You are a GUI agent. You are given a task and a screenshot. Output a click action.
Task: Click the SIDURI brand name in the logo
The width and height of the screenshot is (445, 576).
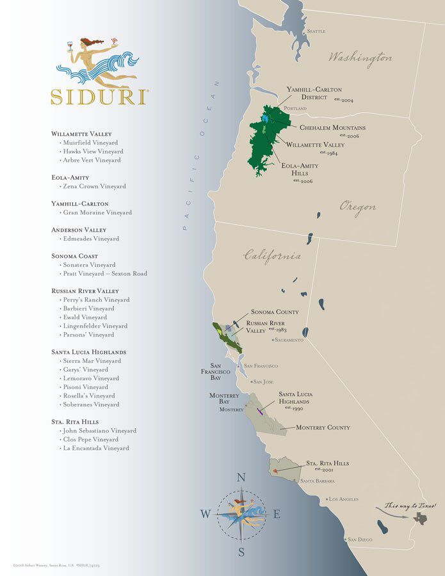coord(99,97)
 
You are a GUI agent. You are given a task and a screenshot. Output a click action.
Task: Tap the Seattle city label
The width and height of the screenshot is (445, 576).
coord(316,31)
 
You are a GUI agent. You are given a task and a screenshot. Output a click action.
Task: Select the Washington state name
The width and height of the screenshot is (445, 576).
coord(360,58)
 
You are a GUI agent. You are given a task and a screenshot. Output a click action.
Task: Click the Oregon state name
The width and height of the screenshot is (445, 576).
coord(357,207)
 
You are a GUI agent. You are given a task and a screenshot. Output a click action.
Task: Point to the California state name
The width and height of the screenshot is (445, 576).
coord(272,256)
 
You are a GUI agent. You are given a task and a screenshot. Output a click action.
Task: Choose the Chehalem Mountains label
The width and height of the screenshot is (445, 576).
coord(333,128)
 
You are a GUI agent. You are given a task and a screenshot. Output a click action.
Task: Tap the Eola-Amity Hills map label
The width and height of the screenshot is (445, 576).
coord(300,170)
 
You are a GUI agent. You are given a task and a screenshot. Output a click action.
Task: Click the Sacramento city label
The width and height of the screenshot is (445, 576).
coord(289,340)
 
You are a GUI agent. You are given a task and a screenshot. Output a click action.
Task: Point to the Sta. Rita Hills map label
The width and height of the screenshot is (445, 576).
coord(327,463)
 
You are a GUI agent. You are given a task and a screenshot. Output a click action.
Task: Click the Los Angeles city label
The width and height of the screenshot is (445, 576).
coord(344,499)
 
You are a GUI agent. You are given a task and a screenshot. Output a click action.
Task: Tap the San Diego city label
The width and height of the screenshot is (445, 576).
coord(359,540)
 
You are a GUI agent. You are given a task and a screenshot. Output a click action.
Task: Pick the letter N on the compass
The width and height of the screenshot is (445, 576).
coord(241,477)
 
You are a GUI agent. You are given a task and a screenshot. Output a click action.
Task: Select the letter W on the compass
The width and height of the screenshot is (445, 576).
coord(205,514)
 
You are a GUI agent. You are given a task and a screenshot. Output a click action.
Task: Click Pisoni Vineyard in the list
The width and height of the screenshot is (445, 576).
coord(85,387)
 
